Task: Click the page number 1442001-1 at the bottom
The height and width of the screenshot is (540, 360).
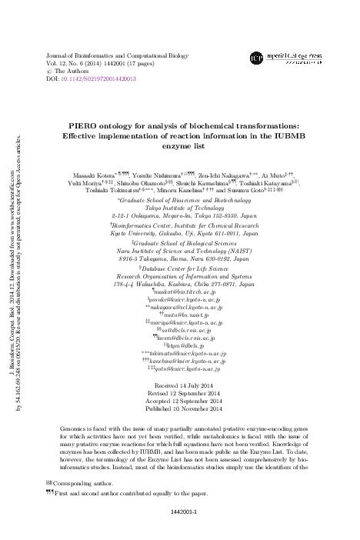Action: point(180,528)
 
